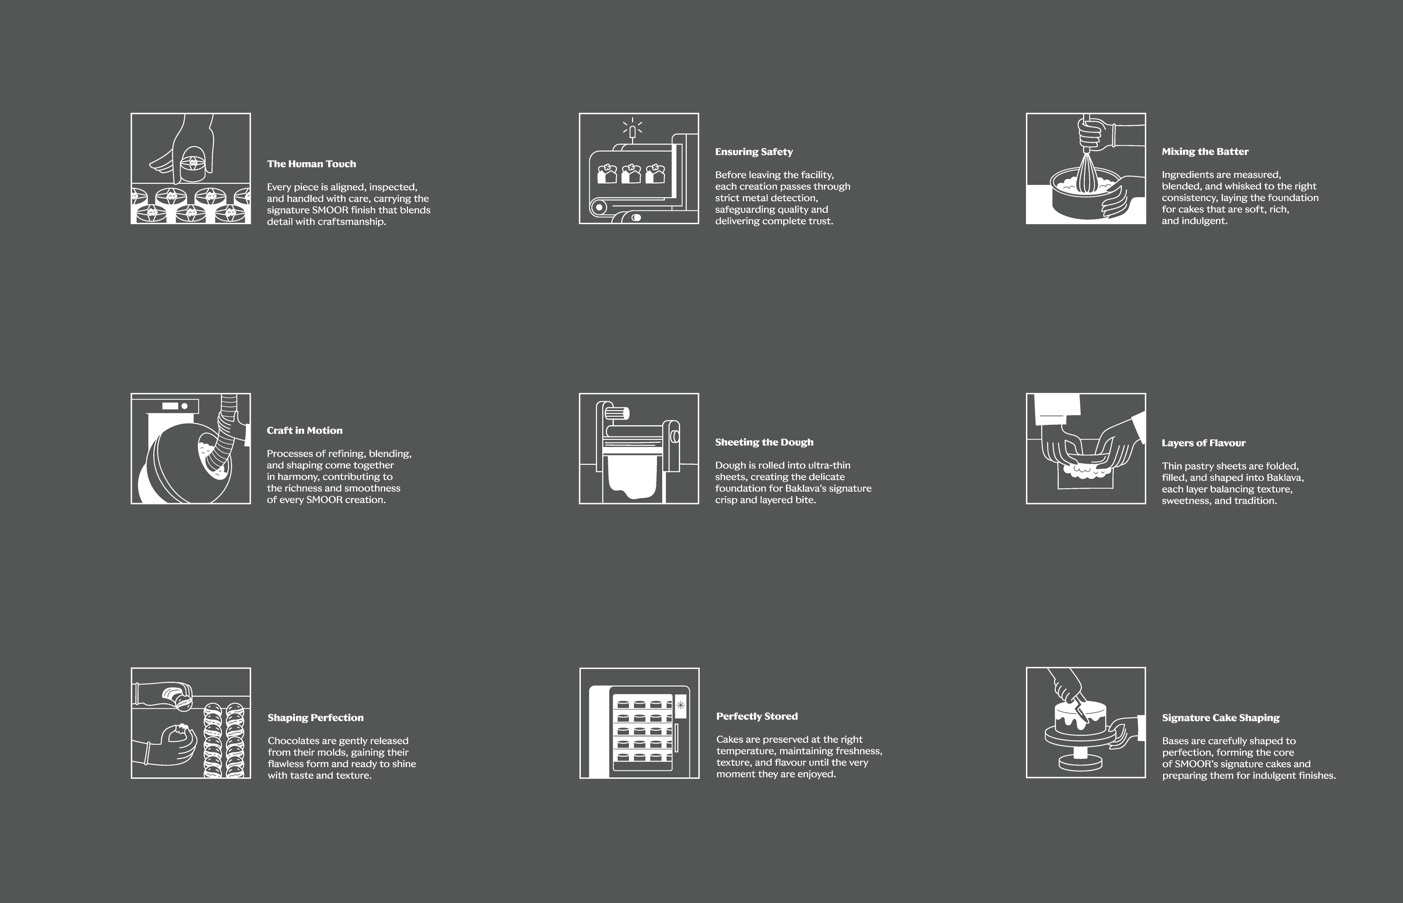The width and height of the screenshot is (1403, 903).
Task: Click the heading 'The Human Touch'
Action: tap(311, 164)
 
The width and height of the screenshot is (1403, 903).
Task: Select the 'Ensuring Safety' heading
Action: tap(754, 152)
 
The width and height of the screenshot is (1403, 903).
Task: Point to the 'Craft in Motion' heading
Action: tap(304, 430)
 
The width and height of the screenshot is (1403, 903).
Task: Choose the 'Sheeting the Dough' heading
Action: tap(764, 443)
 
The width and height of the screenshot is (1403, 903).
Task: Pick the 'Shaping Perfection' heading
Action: tap(315, 718)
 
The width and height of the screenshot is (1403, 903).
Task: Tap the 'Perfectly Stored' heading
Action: tap(757, 716)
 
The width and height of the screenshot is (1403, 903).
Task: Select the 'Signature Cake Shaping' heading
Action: tap(1221, 718)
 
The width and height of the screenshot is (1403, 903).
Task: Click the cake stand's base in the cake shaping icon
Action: tap(1080, 762)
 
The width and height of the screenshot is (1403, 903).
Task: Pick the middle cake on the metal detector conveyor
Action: tap(631, 174)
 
